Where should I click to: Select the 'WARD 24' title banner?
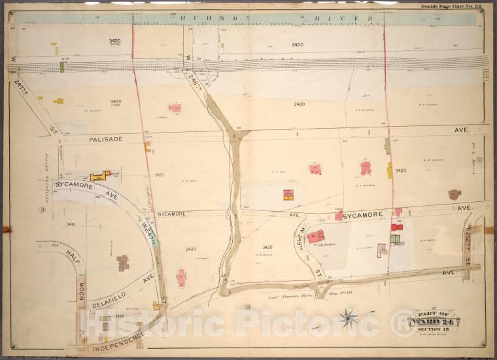(434, 321)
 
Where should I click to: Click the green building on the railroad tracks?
(62, 67)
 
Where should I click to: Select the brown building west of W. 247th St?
(122, 263)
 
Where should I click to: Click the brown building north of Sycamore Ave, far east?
(454, 194)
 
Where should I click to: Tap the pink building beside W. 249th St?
(317, 237)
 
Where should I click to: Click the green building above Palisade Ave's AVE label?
(388, 146)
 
